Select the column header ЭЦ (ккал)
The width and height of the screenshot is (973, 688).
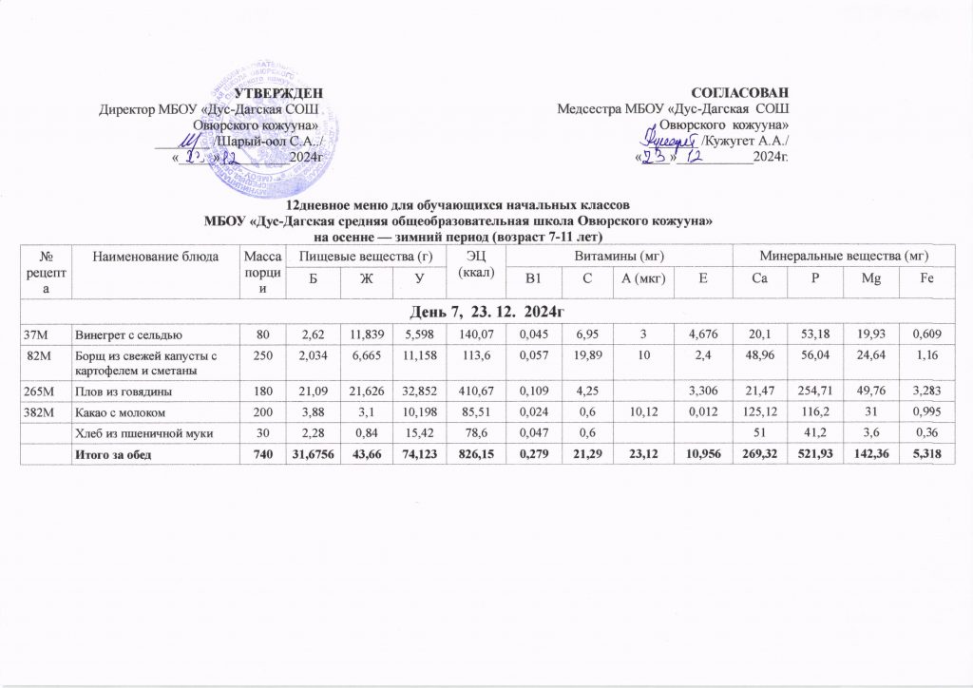click(476, 264)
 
